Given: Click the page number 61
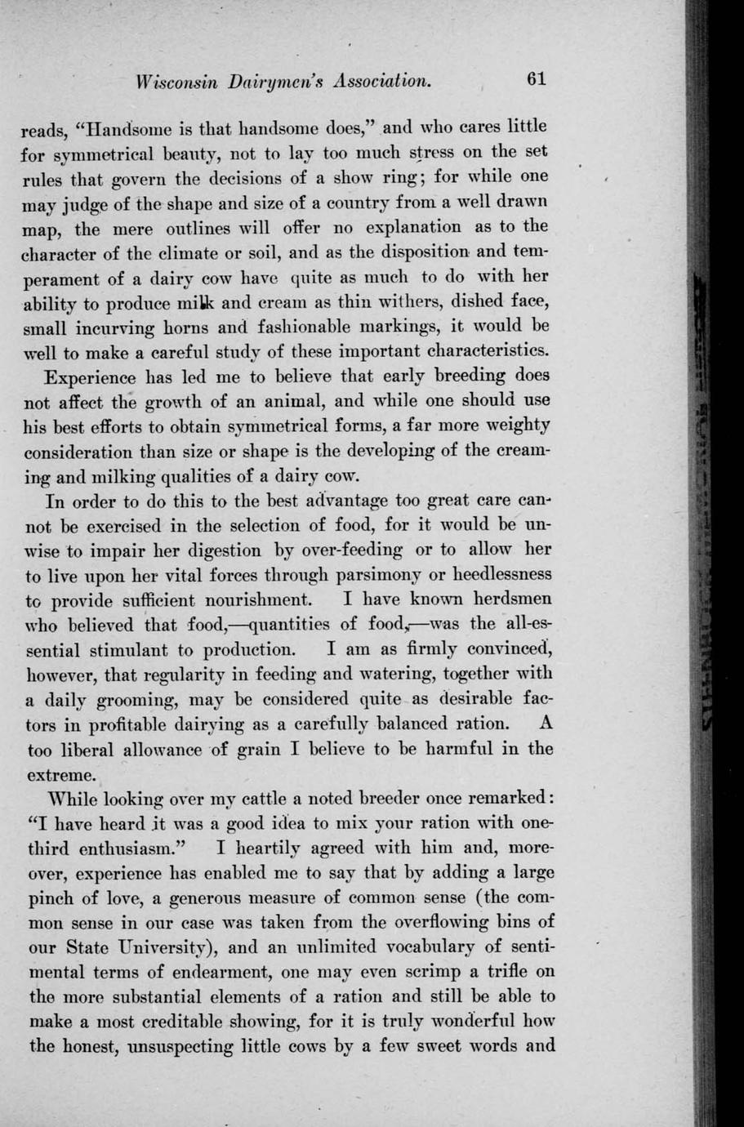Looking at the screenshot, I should [536, 78].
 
